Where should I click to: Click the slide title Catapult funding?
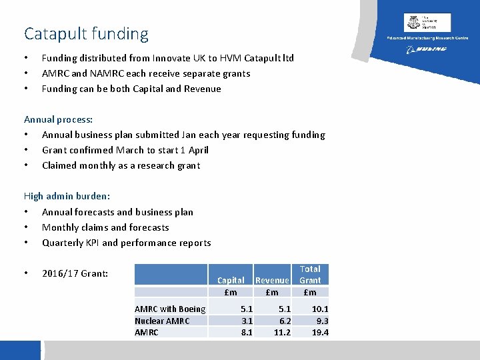click(86, 33)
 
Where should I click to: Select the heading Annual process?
click(59, 119)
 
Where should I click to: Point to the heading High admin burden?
click(67, 196)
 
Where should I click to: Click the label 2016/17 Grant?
click(75, 273)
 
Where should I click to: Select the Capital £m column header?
click(231, 286)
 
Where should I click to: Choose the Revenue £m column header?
click(272, 286)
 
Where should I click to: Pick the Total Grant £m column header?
click(310, 280)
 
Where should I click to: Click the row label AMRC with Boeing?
click(170, 309)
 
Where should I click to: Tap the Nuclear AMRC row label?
click(162, 321)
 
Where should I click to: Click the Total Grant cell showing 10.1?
click(320, 309)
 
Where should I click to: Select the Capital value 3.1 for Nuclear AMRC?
click(246, 321)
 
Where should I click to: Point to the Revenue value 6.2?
click(284, 321)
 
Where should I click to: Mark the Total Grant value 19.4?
click(320, 332)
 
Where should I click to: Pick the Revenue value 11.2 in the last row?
click(282, 332)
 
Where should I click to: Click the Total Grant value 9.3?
click(322, 321)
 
